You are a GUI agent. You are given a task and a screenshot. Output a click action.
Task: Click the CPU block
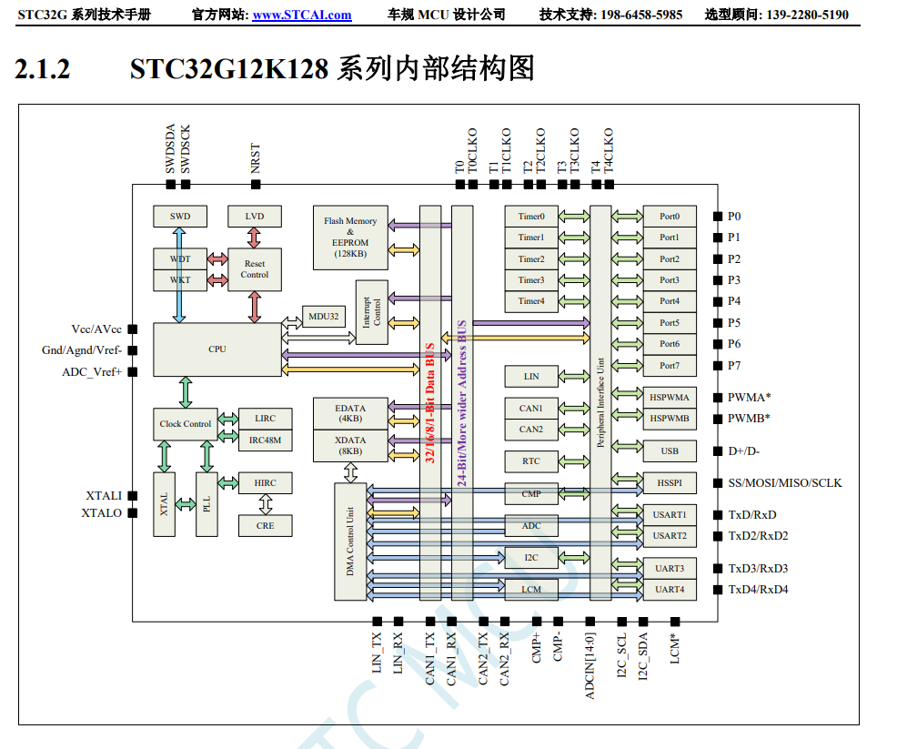[x=217, y=349]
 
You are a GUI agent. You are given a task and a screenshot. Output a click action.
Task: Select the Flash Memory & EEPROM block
[x=350, y=238]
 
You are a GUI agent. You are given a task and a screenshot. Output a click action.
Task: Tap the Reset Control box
[x=255, y=269]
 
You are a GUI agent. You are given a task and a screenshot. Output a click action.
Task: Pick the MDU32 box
[x=323, y=317]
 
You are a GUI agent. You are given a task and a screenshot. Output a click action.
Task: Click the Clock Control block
[x=186, y=424]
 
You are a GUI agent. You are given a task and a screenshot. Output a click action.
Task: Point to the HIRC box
[x=265, y=483]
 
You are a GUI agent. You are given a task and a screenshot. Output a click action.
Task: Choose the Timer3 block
[x=531, y=280]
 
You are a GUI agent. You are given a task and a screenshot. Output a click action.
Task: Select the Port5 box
[x=670, y=323]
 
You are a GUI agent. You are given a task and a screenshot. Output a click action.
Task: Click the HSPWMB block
[x=670, y=419]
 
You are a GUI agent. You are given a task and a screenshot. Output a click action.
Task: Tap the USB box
[x=670, y=450]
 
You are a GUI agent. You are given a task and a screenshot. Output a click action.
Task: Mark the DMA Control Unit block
[x=350, y=542]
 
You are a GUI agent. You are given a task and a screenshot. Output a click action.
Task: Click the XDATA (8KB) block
[x=350, y=446]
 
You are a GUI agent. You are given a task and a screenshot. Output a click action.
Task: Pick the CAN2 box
[x=531, y=430]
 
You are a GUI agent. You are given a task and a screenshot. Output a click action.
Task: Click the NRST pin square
[x=256, y=184]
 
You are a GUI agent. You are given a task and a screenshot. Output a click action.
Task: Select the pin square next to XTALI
[x=132, y=495]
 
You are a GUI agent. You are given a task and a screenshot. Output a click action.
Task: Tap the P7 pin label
[x=734, y=366]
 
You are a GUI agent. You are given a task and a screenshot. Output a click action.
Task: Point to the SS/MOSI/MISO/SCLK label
[x=785, y=483]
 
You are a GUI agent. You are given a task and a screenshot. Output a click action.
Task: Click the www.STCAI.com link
[x=302, y=15]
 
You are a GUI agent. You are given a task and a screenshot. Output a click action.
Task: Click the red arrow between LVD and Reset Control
[x=254, y=238]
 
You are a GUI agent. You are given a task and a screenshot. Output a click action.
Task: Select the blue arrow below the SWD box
[x=179, y=275]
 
